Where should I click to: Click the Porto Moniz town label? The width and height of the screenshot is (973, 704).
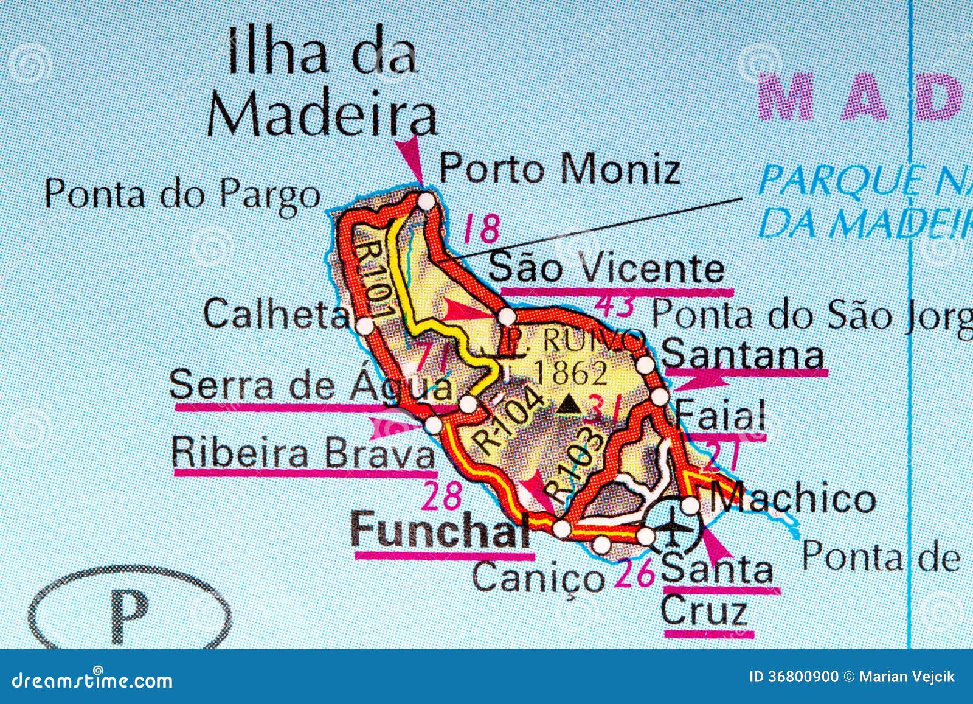559,169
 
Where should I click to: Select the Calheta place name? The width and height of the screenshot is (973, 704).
277,315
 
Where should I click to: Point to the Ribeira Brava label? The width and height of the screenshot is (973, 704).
303,454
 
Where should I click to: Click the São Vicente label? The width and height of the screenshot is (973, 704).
608,268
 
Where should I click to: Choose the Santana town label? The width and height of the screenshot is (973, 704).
743,355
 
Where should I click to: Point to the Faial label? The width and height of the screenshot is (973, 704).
721,416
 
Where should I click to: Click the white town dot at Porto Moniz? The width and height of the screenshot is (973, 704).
427,200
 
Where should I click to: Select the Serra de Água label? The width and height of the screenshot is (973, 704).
310,386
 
